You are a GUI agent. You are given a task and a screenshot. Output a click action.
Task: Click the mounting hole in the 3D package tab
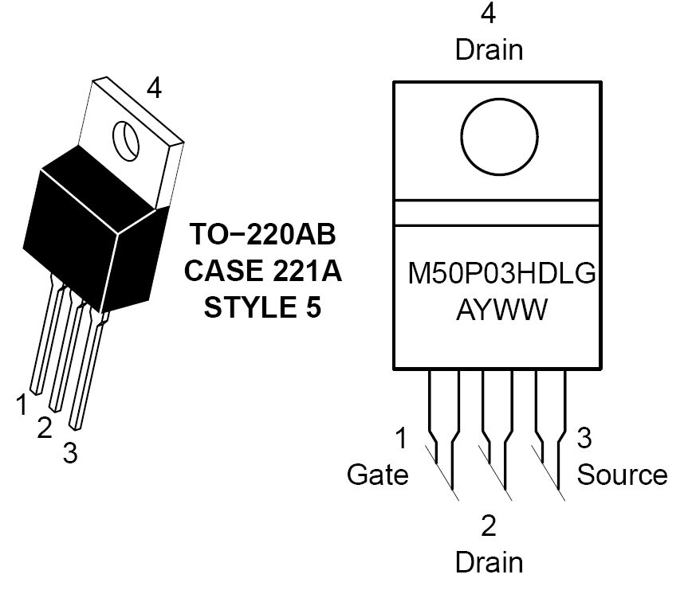[126, 141]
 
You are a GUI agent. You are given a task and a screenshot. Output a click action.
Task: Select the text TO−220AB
[263, 233]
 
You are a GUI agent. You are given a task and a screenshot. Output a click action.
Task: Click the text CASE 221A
[263, 270]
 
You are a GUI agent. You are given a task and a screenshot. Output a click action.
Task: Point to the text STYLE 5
[262, 307]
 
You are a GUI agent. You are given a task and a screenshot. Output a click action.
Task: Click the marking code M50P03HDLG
[501, 273]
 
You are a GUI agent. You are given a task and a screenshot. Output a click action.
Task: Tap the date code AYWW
[501, 309]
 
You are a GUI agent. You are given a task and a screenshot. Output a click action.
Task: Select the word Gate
[378, 475]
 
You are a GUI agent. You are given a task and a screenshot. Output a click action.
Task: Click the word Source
[623, 475]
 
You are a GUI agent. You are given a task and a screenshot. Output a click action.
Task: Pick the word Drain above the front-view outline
[489, 50]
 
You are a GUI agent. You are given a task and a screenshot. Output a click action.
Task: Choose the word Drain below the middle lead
[489, 563]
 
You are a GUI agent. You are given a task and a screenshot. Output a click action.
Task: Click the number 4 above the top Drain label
[488, 13]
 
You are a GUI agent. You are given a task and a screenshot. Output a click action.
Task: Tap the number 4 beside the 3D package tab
[154, 88]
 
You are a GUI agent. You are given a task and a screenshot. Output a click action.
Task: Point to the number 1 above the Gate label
[401, 438]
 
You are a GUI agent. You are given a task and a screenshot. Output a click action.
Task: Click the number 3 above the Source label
[584, 438]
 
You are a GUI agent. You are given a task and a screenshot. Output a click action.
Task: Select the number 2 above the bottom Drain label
[489, 526]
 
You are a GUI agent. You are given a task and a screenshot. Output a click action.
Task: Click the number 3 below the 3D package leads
[70, 453]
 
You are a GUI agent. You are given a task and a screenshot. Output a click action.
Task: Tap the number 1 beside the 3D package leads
[22, 404]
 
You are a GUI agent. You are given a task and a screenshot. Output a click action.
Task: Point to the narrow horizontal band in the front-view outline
[497, 213]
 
